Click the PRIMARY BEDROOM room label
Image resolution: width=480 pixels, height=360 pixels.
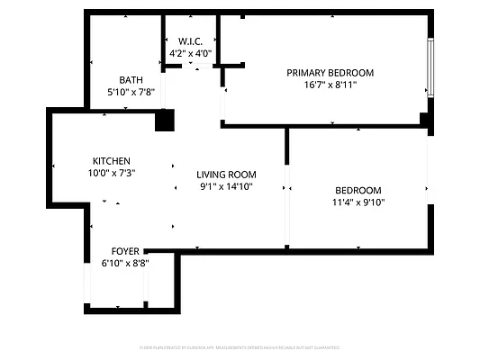coord(330,73)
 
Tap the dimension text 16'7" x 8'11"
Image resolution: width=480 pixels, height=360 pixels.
coord(330,85)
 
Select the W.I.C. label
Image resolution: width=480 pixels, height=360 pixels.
coord(190,42)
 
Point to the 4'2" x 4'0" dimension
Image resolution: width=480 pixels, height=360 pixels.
coord(190,54)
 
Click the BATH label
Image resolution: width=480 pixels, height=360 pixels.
coord(131,79)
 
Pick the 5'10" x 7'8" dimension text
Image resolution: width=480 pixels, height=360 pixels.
coord(131,92)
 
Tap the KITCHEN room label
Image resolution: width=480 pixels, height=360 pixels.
coord(111,161)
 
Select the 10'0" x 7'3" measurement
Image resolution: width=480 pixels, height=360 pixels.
coord(111,174)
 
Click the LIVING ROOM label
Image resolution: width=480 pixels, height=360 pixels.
coord(227,175)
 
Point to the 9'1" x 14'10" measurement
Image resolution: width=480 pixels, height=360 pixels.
coord(227,187)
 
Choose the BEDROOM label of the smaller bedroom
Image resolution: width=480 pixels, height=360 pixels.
coord(358,190)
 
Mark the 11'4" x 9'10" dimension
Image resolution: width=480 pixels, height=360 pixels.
coord(358,202)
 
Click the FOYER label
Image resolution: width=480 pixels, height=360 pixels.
coord(125,251)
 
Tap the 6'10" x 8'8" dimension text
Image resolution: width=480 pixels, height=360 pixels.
coord(125,264)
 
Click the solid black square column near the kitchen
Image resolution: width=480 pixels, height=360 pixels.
coord(164,121)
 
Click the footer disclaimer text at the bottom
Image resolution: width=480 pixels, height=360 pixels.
coord(240,347)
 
